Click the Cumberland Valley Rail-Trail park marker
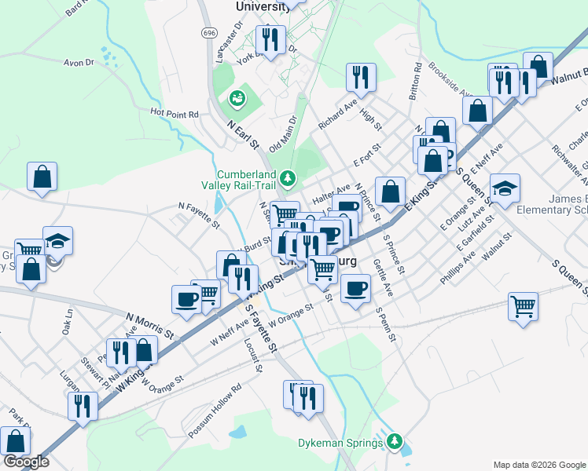click(288, 178)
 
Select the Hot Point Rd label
click(175, 113)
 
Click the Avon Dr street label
click(79, 62)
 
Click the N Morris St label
click(149, 323)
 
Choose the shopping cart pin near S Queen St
click(523, 305)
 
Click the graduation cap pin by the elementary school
click(505, 188)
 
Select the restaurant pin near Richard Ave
click(361, 76)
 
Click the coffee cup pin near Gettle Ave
click(355, 289)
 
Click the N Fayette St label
click(199, 215)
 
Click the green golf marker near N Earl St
click(235, 98)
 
